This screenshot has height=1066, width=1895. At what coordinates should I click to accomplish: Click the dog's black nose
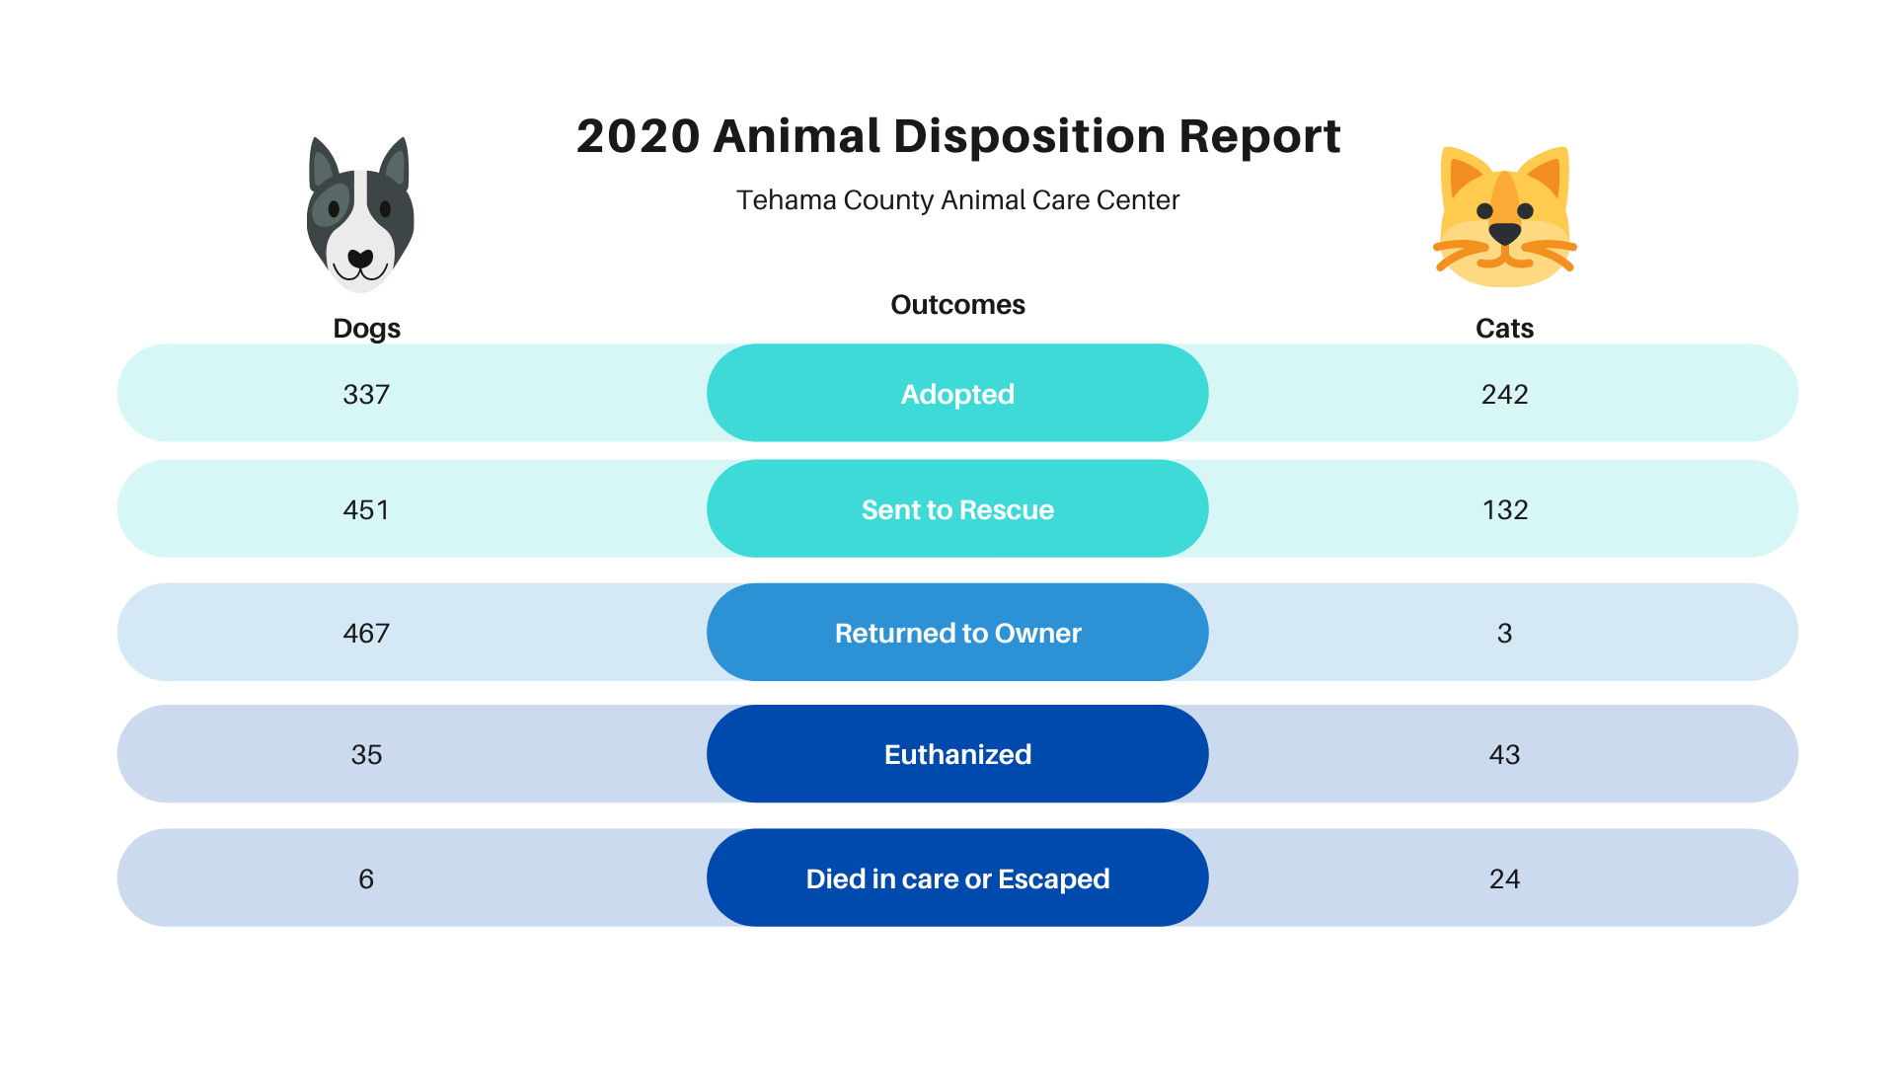pos(360,260)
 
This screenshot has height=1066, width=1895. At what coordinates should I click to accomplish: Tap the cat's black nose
pos(1504,234)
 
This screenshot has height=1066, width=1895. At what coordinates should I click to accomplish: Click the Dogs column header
pos(366,329)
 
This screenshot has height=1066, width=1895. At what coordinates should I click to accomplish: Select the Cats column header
pos(1504,329)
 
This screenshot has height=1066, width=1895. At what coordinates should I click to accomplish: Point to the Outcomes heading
pos(957,305)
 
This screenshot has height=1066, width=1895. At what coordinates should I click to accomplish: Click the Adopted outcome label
pos(957,395)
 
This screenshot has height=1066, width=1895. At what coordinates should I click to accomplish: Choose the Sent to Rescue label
pos(957,510)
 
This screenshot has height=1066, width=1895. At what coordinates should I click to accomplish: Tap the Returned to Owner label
pos(957,634)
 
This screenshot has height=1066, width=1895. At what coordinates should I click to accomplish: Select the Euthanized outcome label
pos(957,755)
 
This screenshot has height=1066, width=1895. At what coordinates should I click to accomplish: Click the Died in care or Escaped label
pos(957,879)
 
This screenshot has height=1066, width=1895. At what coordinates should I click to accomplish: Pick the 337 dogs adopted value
pos(366,395)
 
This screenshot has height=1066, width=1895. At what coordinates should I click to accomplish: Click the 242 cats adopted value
pos(1504,395)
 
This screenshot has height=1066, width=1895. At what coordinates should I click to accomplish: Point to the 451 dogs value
pos(366,510)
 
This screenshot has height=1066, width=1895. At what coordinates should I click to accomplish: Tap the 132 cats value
pos(1505,510)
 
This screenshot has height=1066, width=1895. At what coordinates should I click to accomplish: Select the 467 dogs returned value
pos(366,634)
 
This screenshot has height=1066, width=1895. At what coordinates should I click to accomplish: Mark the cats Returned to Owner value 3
pos(1504,634)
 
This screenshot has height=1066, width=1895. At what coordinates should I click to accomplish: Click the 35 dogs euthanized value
pos(366,755)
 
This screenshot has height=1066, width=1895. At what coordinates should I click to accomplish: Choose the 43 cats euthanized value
pos(1504,755)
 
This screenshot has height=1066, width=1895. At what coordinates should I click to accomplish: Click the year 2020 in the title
pos(638,136)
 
